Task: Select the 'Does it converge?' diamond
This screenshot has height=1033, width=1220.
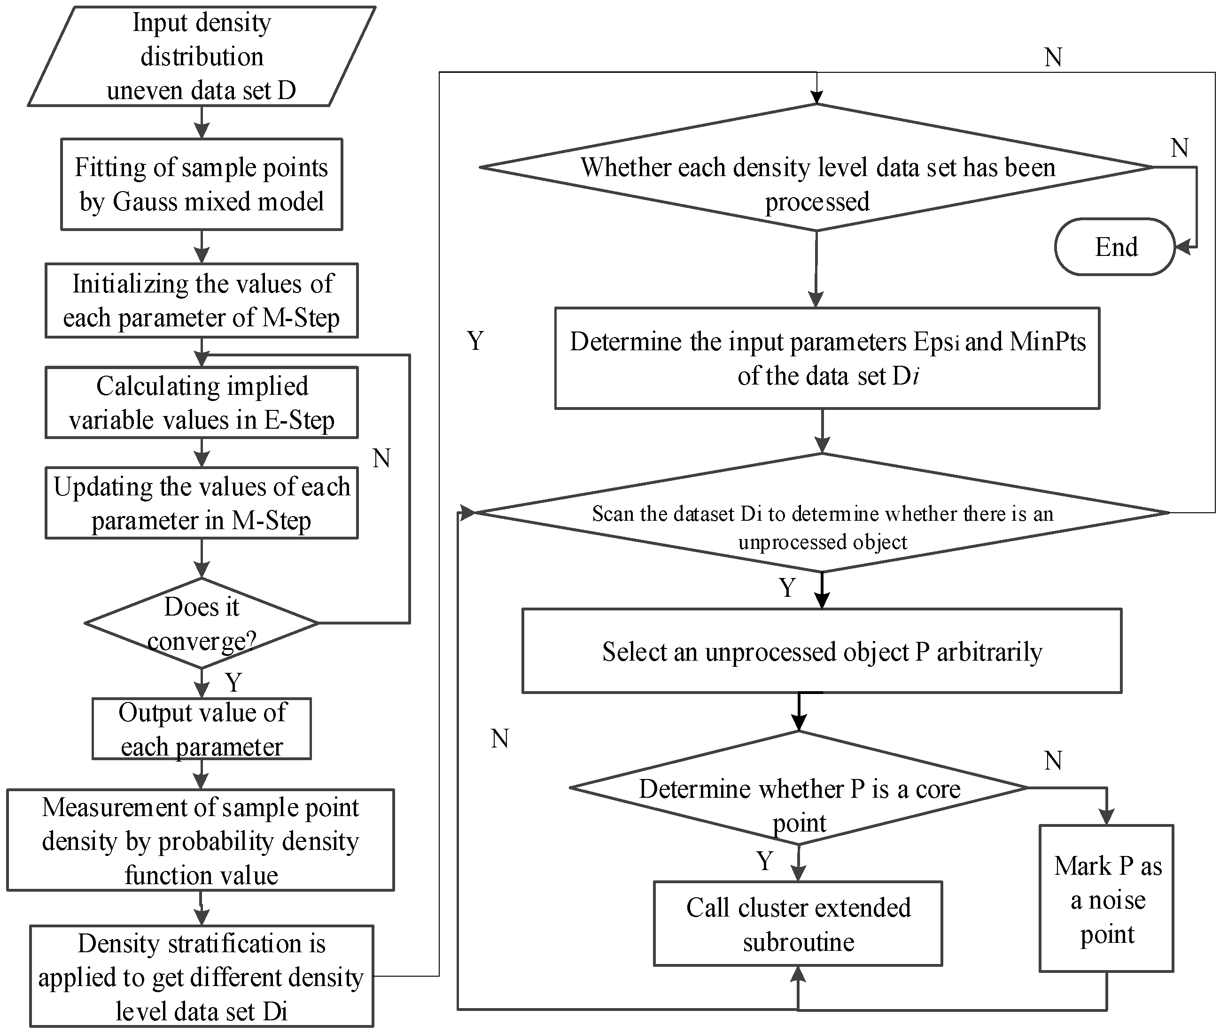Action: tap(202, 623)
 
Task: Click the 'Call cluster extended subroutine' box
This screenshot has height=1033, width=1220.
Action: tap(798, 924)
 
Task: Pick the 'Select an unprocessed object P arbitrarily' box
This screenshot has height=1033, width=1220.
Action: tap(822, 651)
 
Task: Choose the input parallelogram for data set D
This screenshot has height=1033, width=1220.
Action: tap(202, 56)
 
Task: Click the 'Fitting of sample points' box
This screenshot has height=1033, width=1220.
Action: tap(202, 184)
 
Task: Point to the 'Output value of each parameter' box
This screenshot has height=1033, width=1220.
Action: tap(202, 729)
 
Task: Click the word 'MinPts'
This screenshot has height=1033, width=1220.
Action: tap(1048, 341)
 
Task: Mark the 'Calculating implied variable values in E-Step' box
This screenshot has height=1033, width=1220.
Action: tap(202, 403)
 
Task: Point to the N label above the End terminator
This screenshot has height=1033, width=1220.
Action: tap(1179, 147)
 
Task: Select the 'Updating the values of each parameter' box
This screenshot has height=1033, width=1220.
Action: tap(202, 503)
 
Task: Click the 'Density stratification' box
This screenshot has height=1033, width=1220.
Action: tap(202, 977)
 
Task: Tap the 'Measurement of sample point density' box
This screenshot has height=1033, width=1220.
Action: tap(201, 840)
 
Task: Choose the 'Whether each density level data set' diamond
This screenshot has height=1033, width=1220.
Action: tap(817, 168)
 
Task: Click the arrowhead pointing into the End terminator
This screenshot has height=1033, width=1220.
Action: tap(1182, 247)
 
